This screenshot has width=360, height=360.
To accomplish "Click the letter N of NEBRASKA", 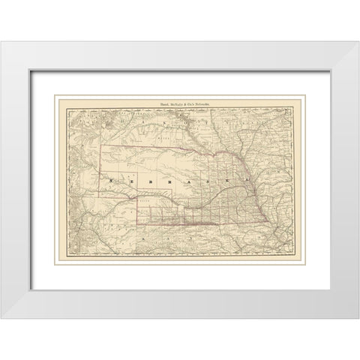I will point(110,181).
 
